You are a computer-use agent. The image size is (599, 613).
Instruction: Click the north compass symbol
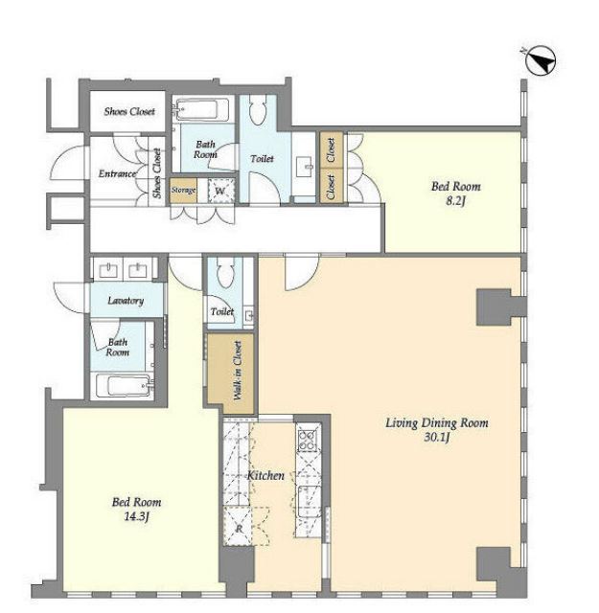tap(540, 61)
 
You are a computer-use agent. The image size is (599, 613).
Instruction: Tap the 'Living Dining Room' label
tap(437, 423)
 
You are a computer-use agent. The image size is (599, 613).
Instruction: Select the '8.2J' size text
tap(456, 201)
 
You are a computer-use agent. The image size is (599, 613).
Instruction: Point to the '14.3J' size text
tap(136, 517)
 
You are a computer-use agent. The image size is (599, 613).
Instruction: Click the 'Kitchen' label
tap(265, 475)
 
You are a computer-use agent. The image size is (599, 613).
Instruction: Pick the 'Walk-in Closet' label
tap(237, 371)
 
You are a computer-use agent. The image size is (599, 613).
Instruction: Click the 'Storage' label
tap(183, 190)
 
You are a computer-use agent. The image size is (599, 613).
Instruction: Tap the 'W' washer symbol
tap(220, 192)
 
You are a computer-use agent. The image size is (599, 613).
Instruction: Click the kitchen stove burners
tap(307, 441)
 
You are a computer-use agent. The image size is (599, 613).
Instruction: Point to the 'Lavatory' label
tap(126, 300)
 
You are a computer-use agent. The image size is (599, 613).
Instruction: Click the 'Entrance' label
tap(117, 173)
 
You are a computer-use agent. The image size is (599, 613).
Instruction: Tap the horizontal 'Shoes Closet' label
tap(129, 111)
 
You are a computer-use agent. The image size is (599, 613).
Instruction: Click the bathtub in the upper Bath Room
tap(202, 109)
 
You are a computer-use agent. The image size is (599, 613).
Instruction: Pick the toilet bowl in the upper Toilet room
tap(257, 110)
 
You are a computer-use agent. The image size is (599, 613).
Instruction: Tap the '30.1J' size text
tap(437, 437)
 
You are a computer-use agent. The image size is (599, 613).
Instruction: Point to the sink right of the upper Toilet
tap(304, 168)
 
